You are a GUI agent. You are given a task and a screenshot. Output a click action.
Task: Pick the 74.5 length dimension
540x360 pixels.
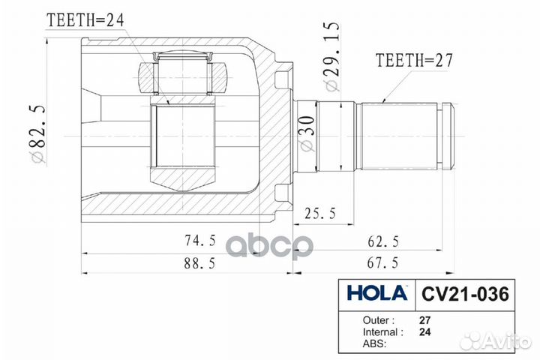coord(201,241)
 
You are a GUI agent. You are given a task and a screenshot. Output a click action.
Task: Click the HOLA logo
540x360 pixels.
coord(376,292)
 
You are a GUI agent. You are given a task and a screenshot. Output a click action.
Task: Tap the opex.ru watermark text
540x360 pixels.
coord(270,246)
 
